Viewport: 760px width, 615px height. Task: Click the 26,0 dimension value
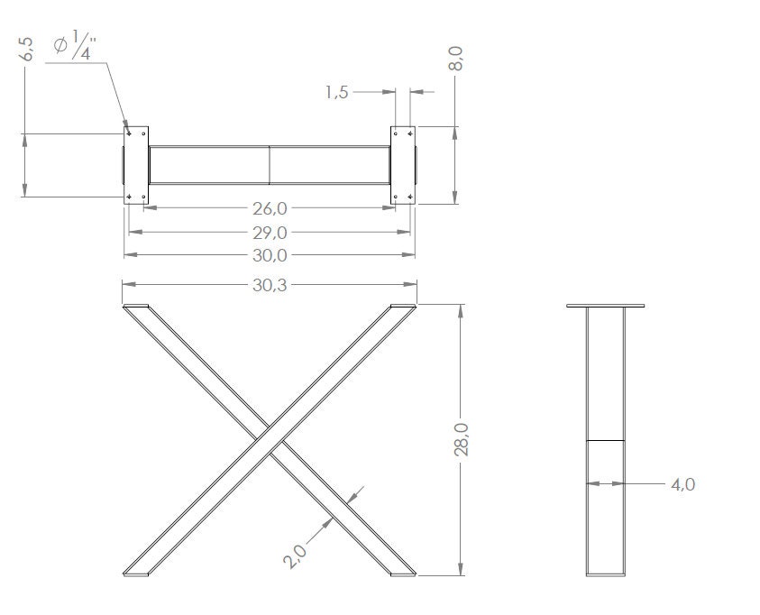[270, 208]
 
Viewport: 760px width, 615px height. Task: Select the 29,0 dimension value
[270, 232]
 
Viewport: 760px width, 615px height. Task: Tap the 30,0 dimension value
[270, 255]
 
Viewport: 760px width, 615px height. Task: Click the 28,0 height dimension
[462, 440]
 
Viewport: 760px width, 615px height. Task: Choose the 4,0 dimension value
[682, 484]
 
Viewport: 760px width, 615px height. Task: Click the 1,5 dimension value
[337, 92]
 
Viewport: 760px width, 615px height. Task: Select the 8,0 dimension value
[458, 60]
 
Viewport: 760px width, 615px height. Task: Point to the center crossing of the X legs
[270, 440]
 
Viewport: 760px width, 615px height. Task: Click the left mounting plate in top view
[135, 165]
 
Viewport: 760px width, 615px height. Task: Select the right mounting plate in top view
[403, 165]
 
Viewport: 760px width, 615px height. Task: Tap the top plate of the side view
[606, 306]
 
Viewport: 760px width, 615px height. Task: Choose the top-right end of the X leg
[403, 308]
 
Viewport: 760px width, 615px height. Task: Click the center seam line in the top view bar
[270, 165]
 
